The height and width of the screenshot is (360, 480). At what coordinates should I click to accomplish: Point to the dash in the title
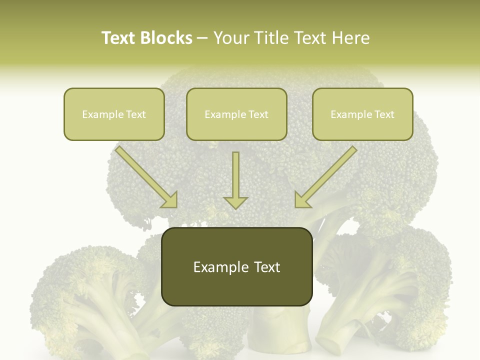pyautogui.click(x=202, y=38)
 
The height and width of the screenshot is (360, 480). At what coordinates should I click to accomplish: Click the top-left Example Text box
pyautogui.click(x=114, y=114)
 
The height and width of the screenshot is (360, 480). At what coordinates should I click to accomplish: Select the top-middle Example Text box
pyautogui.click(x=236, y=114)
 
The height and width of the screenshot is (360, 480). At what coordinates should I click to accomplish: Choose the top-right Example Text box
pyautogui.click(x=362, y=114)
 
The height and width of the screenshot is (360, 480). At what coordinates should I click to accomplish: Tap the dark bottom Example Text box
pyautogui.click(x=237, y=266)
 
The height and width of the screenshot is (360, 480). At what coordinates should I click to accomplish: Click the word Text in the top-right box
pyautogui.click(x=384, y=114)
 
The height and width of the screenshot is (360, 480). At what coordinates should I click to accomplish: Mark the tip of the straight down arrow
pyautogui.click(x=235, y=207)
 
